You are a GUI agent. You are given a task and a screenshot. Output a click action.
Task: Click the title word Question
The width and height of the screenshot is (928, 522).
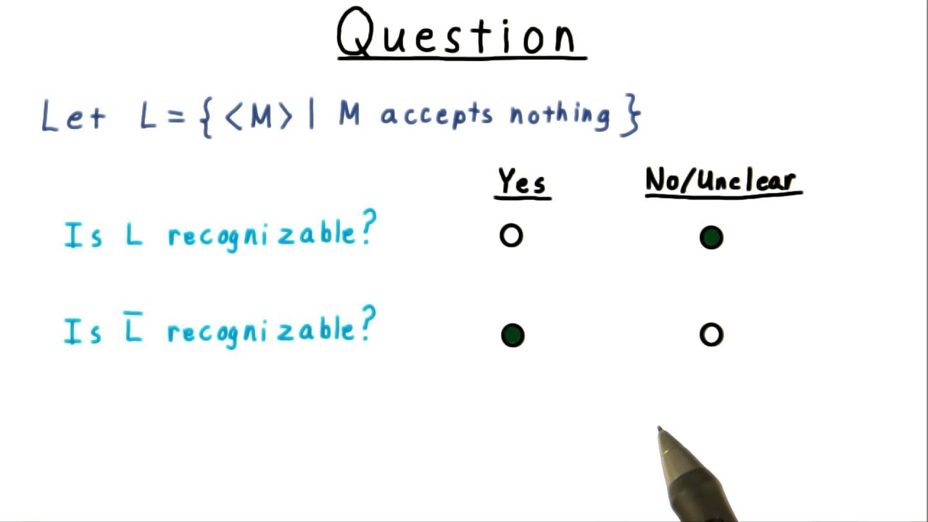tap(461, 33)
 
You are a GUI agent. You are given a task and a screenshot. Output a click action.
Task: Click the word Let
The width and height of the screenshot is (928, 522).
tap(73, 116)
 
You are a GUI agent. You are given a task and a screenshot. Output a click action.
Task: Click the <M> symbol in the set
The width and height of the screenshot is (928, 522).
tap(259, 116)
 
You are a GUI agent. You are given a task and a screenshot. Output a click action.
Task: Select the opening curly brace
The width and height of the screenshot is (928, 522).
tap(205, 117)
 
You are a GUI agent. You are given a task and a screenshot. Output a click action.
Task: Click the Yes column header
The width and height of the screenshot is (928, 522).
tap(522, 182)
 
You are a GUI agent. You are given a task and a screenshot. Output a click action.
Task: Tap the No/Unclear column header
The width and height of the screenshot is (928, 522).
tap(723, 181)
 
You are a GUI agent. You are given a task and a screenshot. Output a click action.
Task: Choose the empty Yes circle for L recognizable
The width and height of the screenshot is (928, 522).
tap(511, 236)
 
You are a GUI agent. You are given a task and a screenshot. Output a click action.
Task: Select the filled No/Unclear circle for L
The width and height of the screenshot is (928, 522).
tap(711, 238)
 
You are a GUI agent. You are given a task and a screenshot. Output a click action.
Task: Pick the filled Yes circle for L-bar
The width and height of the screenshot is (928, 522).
tap(513, 335)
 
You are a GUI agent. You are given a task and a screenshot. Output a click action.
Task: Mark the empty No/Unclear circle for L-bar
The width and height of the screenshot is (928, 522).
tap(711, 334)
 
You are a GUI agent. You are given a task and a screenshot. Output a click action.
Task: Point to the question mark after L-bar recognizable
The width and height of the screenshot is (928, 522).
tap(368, 324)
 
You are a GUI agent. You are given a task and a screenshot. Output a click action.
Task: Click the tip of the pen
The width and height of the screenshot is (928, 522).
tap(660, 430)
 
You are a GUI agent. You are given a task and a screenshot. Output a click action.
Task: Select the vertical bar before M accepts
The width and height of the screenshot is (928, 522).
tap(312, 116)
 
